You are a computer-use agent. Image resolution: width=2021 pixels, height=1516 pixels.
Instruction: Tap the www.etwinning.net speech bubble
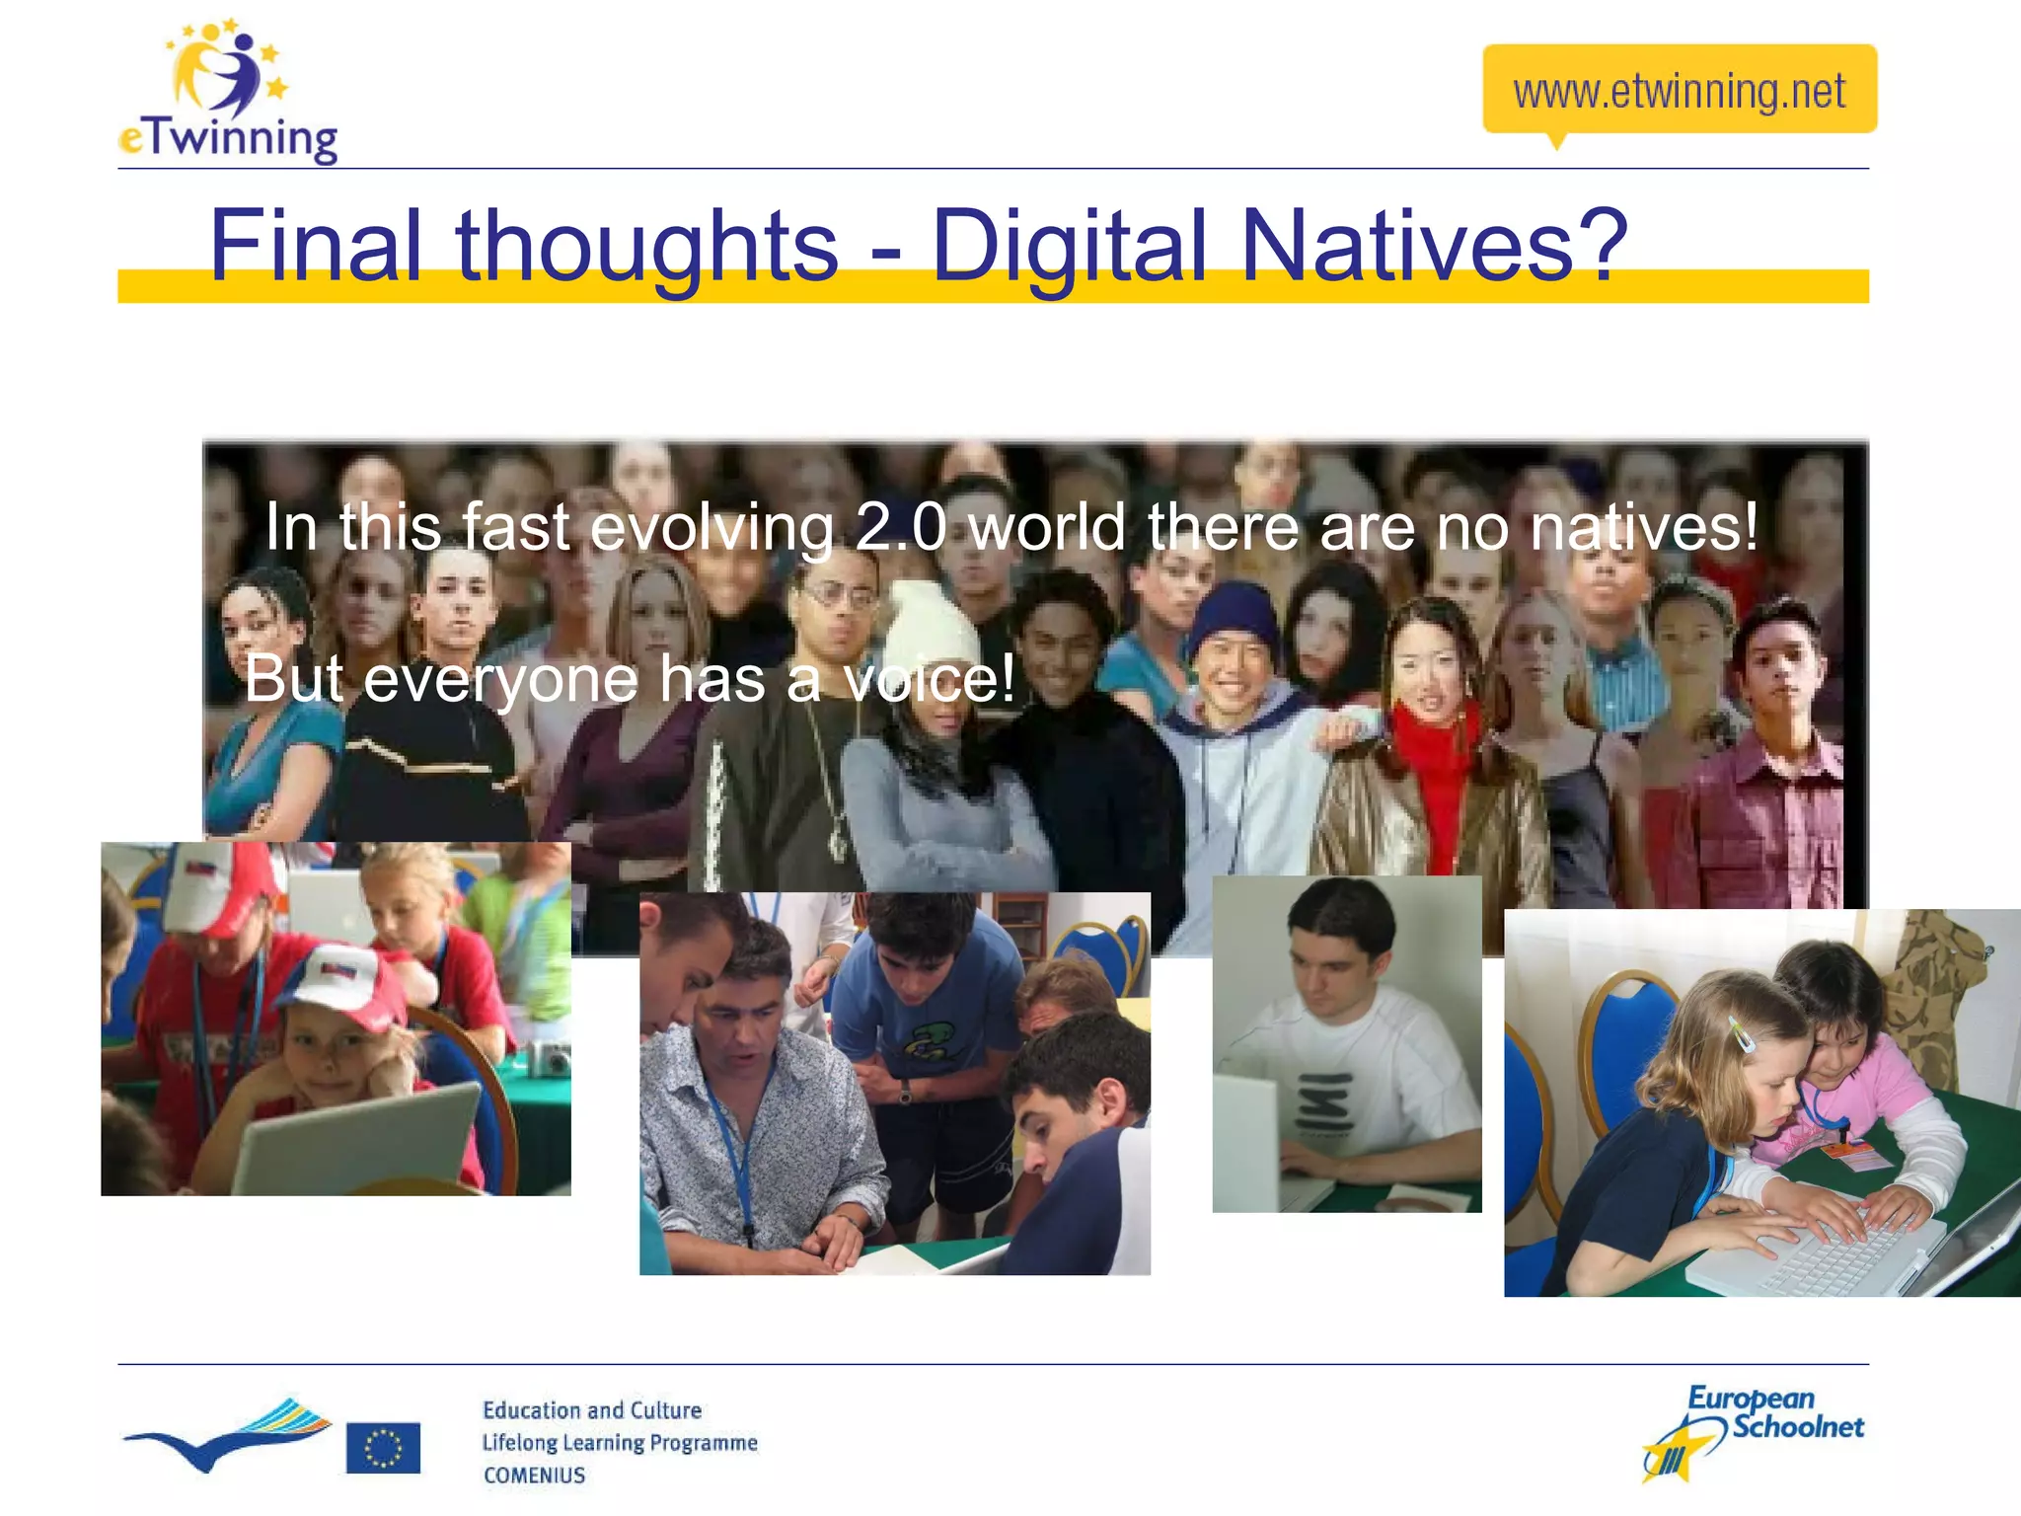(x=1679, y=90)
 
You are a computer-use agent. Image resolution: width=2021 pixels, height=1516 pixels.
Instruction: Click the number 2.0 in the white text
(x=900, y=527)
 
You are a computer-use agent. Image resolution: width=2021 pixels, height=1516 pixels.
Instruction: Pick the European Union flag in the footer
(x=383, y=1447)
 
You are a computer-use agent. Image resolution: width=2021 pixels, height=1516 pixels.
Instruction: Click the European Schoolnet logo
(x=1753, y=1431)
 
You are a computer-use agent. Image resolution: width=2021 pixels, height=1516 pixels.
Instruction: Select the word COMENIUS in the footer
(x=534, y=1475)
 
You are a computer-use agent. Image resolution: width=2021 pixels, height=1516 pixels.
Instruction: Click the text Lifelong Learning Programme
(x=620, y=1442)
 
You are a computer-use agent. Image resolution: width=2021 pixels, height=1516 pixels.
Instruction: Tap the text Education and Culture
(x=592, y=1409)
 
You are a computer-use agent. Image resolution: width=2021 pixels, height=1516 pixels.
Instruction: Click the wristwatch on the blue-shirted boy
(x=904, y=1092)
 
